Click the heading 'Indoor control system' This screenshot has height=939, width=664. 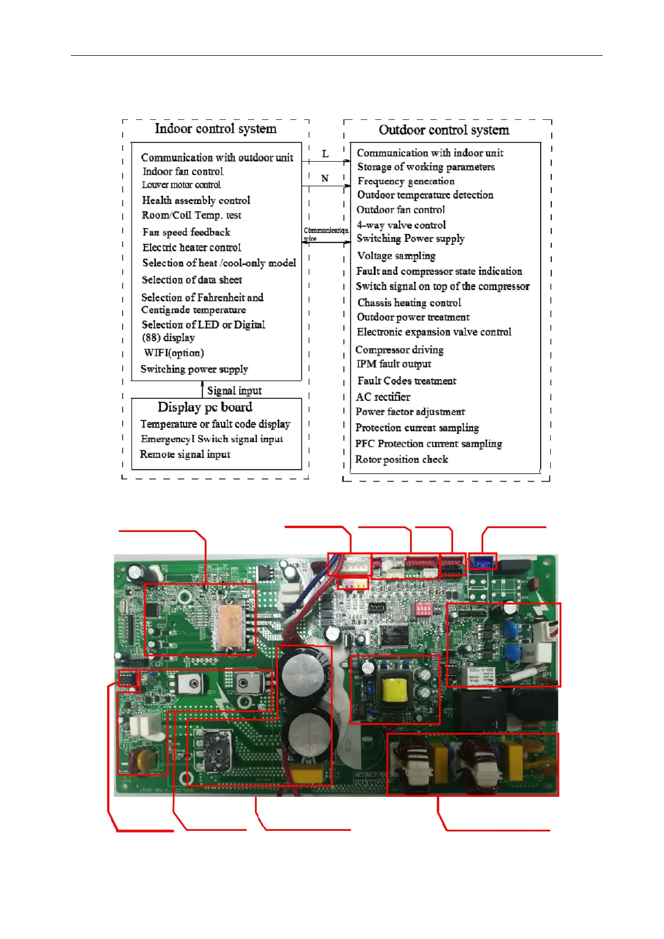215,129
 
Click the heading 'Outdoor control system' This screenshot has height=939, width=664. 444,130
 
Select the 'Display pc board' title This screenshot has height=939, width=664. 205,407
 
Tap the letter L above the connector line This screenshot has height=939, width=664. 325,153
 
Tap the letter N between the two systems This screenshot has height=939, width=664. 325,178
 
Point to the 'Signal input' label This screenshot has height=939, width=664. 234,390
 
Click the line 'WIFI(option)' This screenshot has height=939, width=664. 174,353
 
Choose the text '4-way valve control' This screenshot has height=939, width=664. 401,225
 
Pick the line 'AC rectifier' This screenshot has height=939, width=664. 383,397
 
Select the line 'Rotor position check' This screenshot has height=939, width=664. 402,459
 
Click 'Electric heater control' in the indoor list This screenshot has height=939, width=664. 191,248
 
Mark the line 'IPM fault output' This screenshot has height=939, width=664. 393,364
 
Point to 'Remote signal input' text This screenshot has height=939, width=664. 185,454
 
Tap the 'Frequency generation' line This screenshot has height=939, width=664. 406,181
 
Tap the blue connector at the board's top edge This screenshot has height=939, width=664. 483,562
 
